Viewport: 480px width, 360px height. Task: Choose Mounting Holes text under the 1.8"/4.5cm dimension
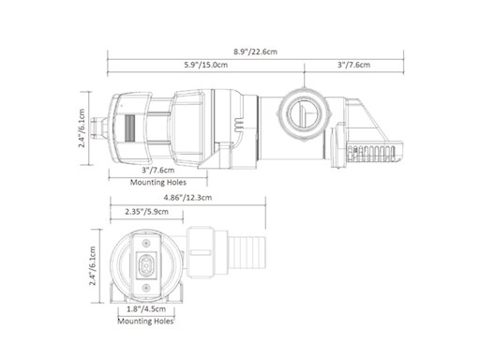pyautogui.click(x=146, y=321)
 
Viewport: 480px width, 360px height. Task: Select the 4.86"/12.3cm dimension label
pyautogui.click(x=187, y=198)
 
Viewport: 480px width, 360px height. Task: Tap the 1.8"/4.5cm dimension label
pyautogui.click(x=146, y=307)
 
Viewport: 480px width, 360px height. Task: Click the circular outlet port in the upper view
pyautogui.click(x=298, y=115)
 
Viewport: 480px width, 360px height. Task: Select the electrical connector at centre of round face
pyautogui.click(x=149, y=264)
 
